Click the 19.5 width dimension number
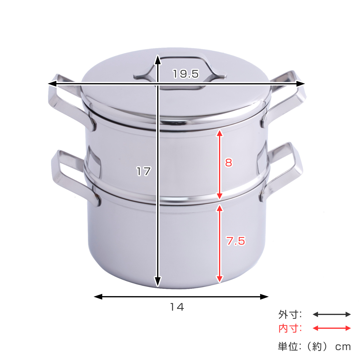pyautogui.click(x=186, y=74)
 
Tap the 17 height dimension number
pyautogui.click(x=143, y=171)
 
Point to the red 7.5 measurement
pyautogui.click(x=235, y=241)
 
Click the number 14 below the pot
pyautogui.click(x=177, y=307)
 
